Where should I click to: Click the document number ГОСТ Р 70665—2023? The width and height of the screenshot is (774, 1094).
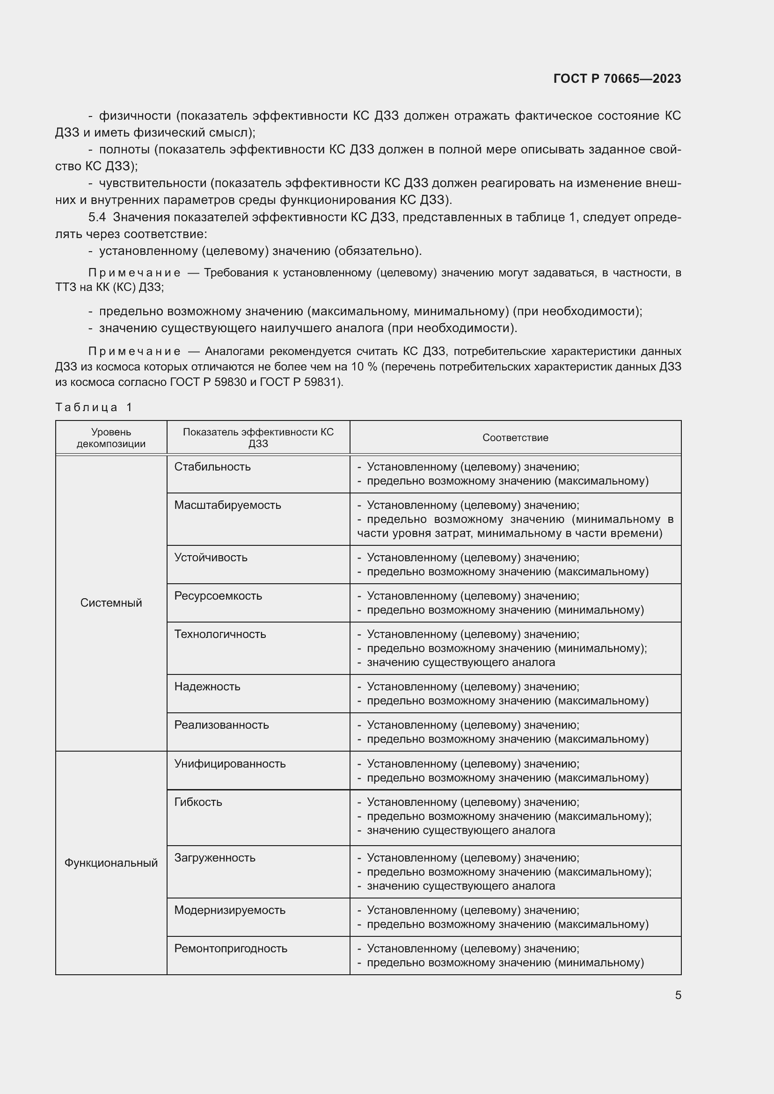click(x=617, y=79)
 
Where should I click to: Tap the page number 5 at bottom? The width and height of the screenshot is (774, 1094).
click(x=678, y=995)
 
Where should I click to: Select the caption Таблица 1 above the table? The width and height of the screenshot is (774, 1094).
click(x=94, y=407)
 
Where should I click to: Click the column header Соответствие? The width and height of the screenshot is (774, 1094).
click(x=515, y=437)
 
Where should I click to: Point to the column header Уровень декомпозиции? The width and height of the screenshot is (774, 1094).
click(x=111, y=437)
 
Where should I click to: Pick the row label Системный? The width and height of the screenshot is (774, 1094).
click(x=111, y=603)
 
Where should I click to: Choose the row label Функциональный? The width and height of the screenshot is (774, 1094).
click(x=111, y=863)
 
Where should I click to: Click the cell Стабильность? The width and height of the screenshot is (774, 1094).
click(x=212, y=466)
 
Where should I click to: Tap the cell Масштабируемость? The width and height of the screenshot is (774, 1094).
click(x=227, y=505)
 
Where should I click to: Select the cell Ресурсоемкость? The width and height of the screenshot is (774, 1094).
click(x=218, y=595)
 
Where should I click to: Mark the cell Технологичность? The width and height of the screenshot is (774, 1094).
click(x=220, y=634)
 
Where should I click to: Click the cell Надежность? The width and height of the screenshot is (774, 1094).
click(x=207, y=687)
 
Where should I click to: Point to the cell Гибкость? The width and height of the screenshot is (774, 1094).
click(x=198, y=802)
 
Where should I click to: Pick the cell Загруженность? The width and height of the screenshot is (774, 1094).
click(x=214, y=858)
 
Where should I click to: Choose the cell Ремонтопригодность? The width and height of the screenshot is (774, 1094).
click(x=231, y=948)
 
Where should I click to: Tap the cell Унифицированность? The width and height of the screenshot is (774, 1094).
click(x=230, y=764)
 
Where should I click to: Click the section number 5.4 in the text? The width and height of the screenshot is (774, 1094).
click(x=97, y=217)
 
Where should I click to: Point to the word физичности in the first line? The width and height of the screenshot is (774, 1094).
click(x=134, y=116)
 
